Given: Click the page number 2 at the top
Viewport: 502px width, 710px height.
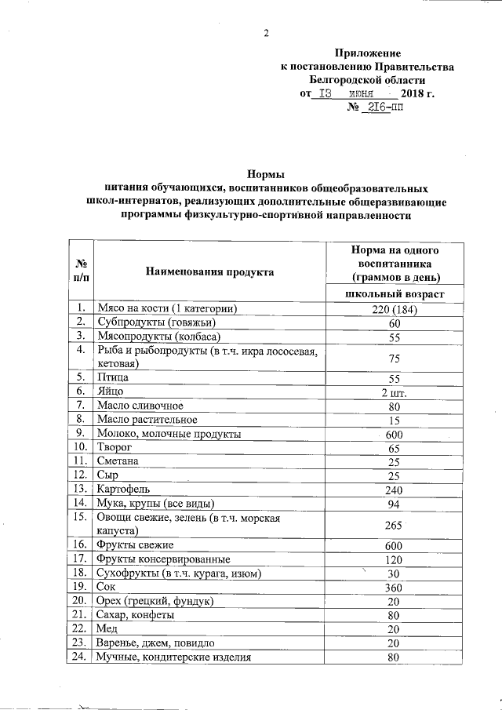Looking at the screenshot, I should pos(266,32).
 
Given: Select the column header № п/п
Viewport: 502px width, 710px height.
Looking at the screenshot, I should pos(81,271).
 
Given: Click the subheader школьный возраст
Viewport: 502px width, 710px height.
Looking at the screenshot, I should pos(395,293).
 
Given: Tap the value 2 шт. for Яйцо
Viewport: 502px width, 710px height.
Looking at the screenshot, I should pos(394,392).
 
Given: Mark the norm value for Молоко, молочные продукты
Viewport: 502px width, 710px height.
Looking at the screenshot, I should pos(394,434).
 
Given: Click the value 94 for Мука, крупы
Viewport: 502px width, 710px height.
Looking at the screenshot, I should pos(394,504).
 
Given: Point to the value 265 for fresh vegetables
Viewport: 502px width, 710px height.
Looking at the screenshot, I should pos(394,525).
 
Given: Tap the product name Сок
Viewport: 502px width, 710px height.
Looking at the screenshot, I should pos(106,587).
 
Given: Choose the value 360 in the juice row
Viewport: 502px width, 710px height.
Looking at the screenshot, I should pos(394,587).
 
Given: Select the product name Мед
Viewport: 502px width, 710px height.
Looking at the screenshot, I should pos(107,629).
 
